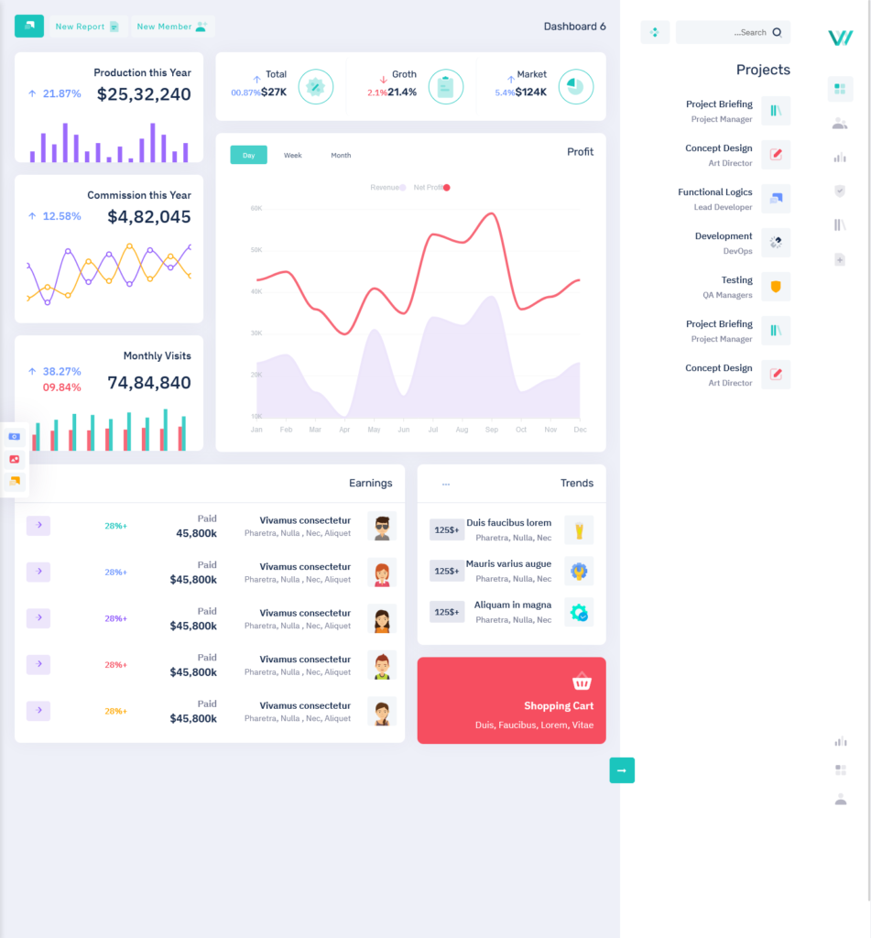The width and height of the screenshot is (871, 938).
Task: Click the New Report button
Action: click(87, 27)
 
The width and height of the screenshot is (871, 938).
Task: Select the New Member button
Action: click(172, 27)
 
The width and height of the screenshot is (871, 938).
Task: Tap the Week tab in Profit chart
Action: click(292, 156)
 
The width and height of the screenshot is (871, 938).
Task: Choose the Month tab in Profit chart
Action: click(341, 156)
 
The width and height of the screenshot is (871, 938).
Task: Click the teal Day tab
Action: click(248, 156)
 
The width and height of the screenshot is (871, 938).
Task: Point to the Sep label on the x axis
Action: click(491, 430)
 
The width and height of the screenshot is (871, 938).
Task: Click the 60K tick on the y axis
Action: click(256, 208)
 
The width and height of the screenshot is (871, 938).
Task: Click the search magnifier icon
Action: click(777, 32)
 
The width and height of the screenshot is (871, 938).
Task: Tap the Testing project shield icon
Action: click(776, 287)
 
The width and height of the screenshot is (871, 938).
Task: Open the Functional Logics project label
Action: click(714, 192)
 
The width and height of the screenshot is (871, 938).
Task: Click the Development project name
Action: click(723, 236)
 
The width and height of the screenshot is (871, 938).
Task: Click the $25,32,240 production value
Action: click(144, 94)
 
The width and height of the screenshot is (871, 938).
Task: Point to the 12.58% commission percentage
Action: click(61, 216)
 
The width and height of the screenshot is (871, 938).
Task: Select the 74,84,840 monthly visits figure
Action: click(149, 383)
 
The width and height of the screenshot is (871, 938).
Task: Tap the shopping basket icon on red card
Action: click(582, 682)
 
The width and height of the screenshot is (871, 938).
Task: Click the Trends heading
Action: click(576, 483)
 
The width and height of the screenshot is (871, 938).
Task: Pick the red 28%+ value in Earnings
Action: click(115, 665)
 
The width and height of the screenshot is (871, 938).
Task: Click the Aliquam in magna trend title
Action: click(512, 605)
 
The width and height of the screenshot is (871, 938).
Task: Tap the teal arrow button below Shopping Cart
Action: click(622, 770)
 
